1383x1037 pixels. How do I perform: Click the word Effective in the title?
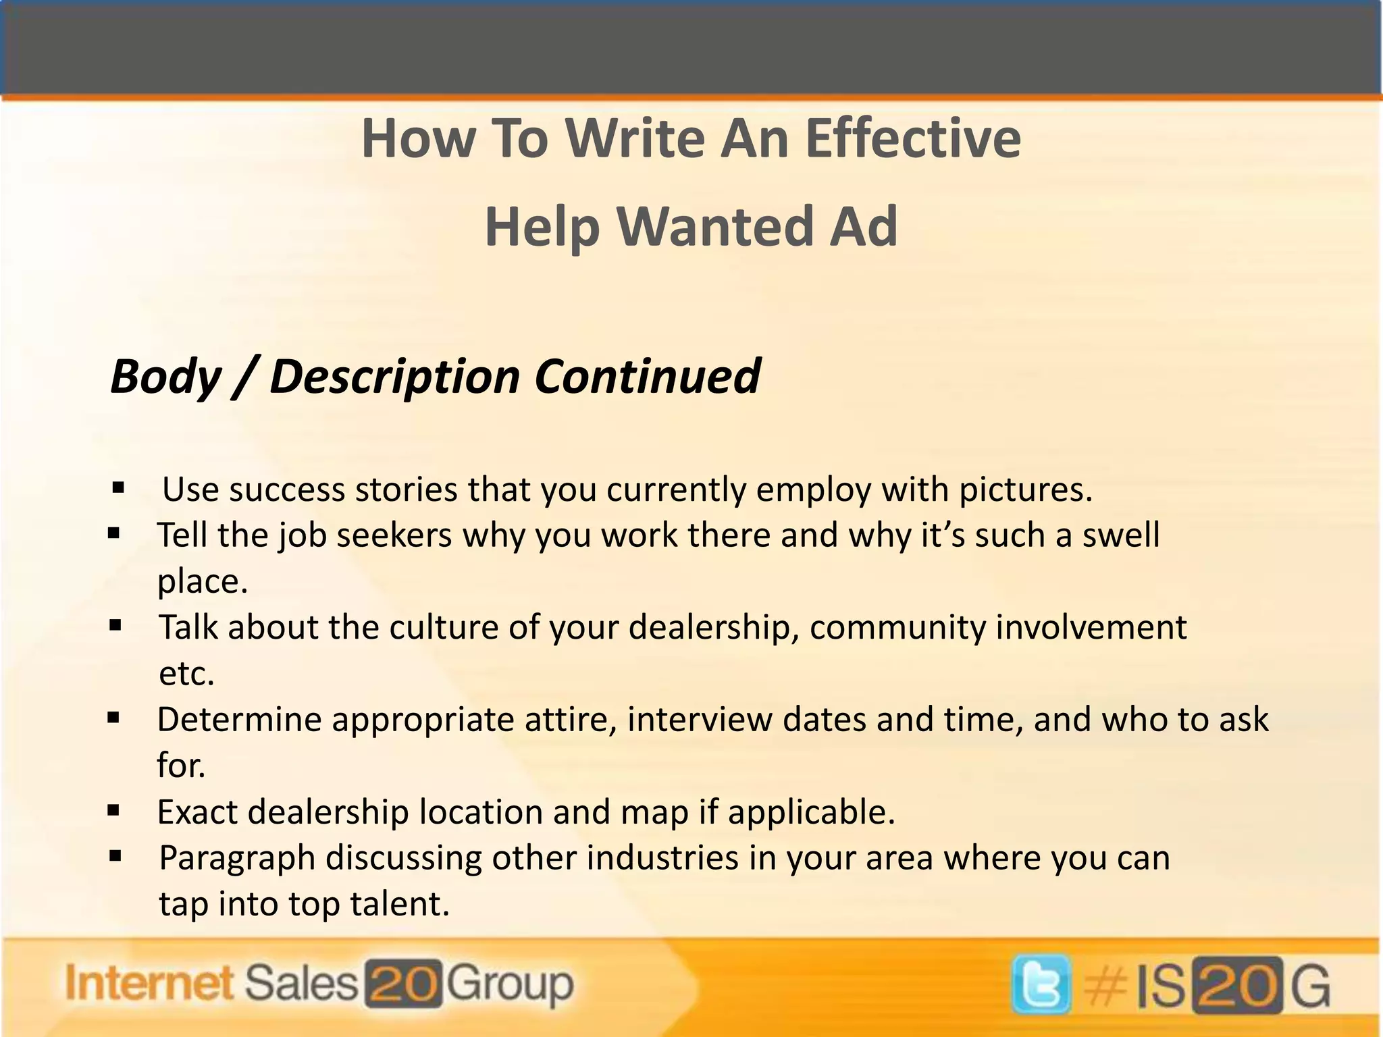tap(913, 138)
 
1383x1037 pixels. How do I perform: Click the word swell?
tap(1121, 535)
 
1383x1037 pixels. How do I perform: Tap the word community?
tap(897, 627)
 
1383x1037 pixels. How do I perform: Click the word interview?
tap(700, 720)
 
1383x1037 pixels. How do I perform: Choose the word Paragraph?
tap(237, 859)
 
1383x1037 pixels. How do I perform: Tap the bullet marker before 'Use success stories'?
tap(119, 487)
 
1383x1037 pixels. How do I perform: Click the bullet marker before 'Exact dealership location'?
tap(113, 810)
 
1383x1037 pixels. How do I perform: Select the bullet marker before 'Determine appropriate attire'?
tap(113, 718)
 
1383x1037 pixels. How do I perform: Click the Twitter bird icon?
tap(1041, 984)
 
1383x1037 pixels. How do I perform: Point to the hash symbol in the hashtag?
tap(1105, 986)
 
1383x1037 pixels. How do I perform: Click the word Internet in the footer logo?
tap(149, 983)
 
